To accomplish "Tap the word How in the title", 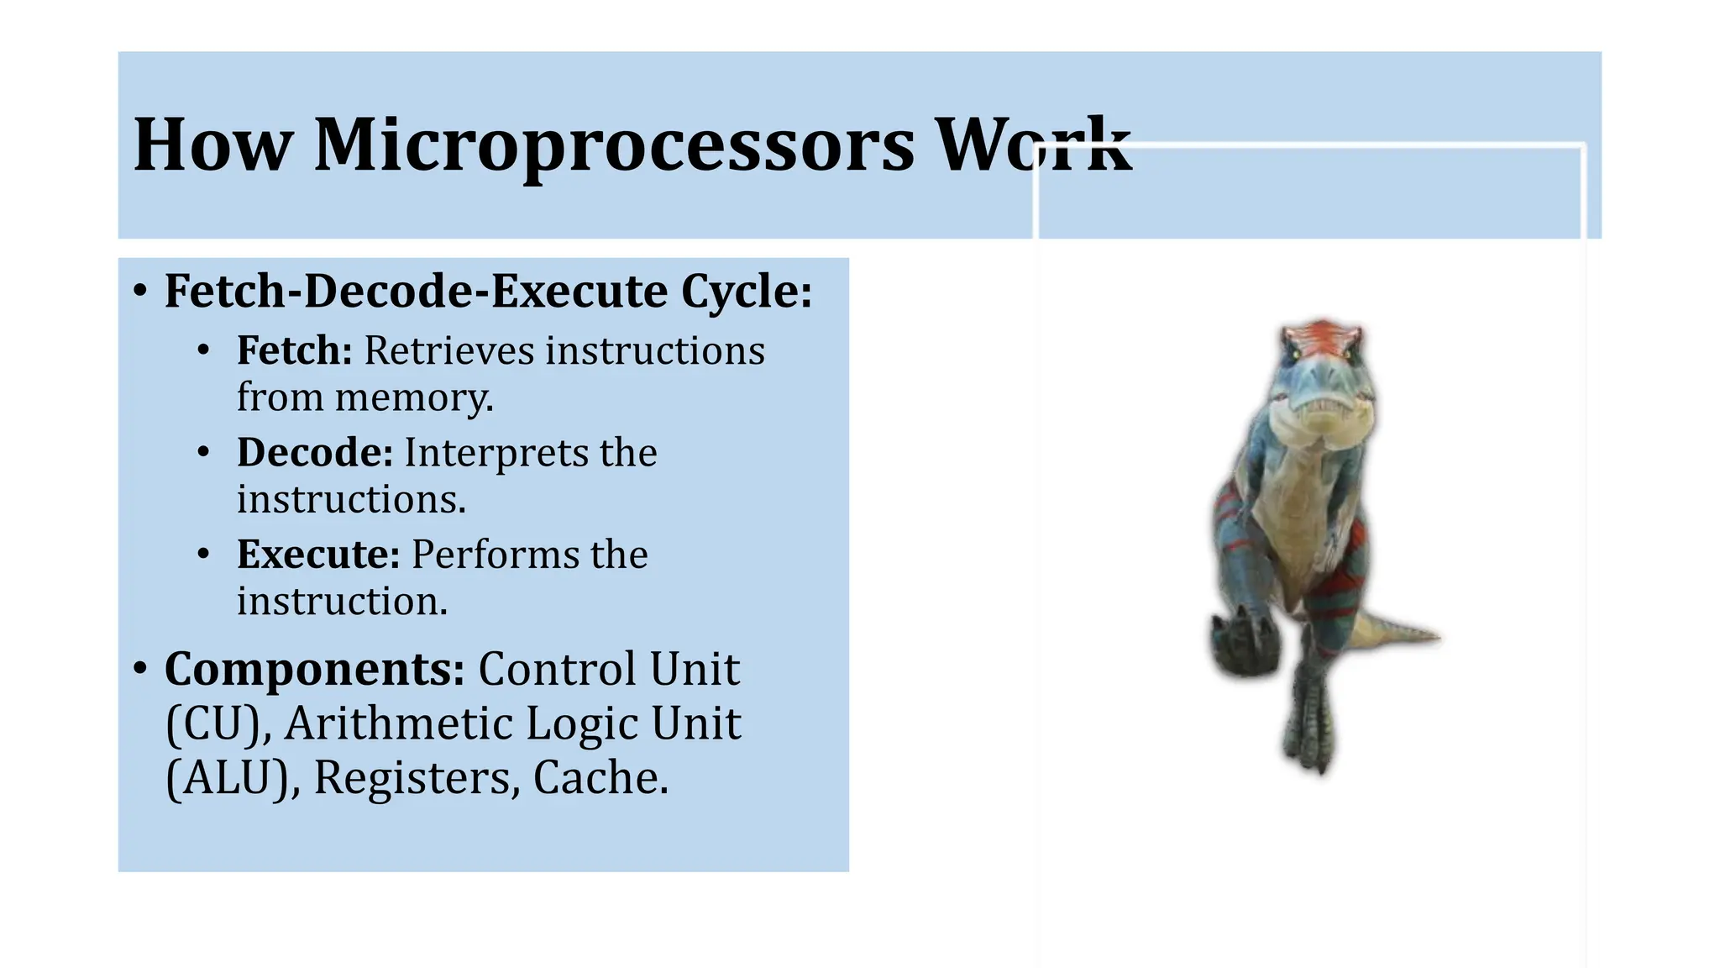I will click(x=213, y=145).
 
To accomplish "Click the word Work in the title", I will click(x=1033, y=145).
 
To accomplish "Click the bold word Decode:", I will click(x=314, y=453).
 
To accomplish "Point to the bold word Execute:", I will click(x=317, y=555).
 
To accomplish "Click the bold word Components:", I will click(x=314, y=670).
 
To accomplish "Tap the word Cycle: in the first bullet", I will click(x=746, y=292).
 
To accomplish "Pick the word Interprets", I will click(x=496, y=453).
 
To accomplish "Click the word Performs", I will click(x=495, y=555).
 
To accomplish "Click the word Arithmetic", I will click(x=395, y=723).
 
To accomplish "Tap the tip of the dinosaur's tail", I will click(x=1438, y=637).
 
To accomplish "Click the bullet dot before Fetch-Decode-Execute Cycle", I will click(x=140, y=292).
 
